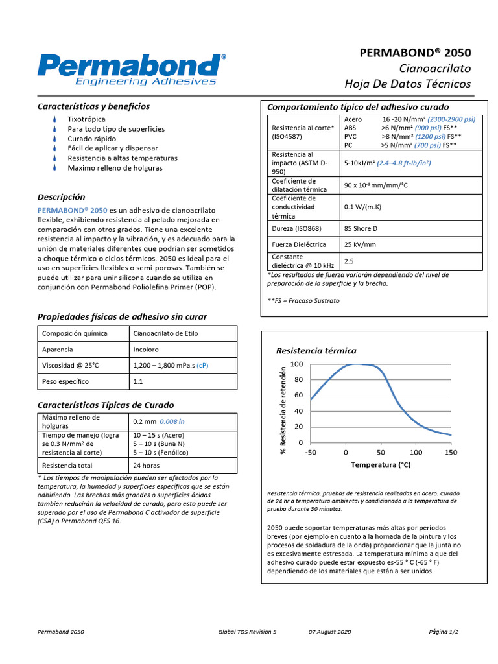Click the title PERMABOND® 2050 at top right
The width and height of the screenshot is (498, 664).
pos(415,53)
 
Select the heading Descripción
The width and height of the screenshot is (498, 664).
pos(62,196)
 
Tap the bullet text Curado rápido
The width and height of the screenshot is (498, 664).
pos(92,139)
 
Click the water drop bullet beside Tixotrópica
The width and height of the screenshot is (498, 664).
pos(55,119)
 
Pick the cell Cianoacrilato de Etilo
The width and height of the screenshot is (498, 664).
pos(165,333)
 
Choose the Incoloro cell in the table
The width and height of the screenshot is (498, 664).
pos(146,349)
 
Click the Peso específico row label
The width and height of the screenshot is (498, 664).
pos(65,381)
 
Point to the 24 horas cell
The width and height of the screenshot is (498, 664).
pos(146,465)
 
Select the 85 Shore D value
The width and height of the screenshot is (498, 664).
pos(361,228)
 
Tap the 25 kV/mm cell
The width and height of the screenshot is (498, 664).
pos(360,244)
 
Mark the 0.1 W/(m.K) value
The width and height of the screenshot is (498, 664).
pos(362,207)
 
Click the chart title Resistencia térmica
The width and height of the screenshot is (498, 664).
pos(316,351)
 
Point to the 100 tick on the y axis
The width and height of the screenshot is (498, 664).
pos(296,364)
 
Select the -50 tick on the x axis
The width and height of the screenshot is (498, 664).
pos(311,453)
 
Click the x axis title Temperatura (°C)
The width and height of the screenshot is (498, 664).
pos(381,465)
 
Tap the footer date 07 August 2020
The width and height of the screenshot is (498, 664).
pos(329,631)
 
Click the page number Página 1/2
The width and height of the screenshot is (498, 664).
pos(444,631)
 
